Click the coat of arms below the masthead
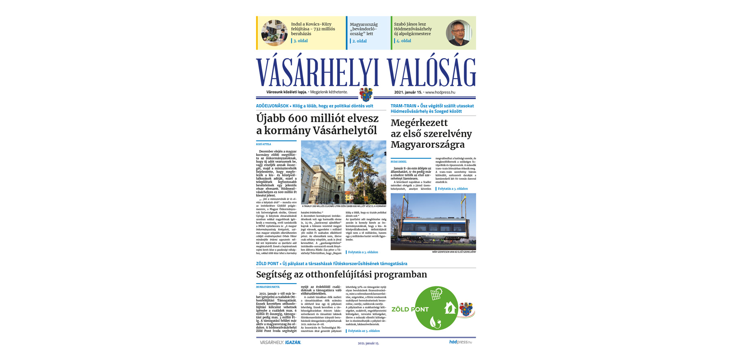366,94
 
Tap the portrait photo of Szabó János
458,33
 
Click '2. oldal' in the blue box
359,41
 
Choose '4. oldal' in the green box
403,41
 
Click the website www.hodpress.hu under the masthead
440,92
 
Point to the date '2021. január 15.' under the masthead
408,92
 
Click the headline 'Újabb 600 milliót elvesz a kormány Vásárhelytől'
317,124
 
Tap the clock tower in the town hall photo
338,167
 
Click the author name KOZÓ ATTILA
264,144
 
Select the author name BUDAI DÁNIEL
399,162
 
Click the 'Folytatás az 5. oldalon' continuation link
364,331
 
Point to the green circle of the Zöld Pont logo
436,308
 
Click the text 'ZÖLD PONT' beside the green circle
410,310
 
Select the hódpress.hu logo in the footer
460,342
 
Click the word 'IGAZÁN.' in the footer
293,343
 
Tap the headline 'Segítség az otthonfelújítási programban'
342,275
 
